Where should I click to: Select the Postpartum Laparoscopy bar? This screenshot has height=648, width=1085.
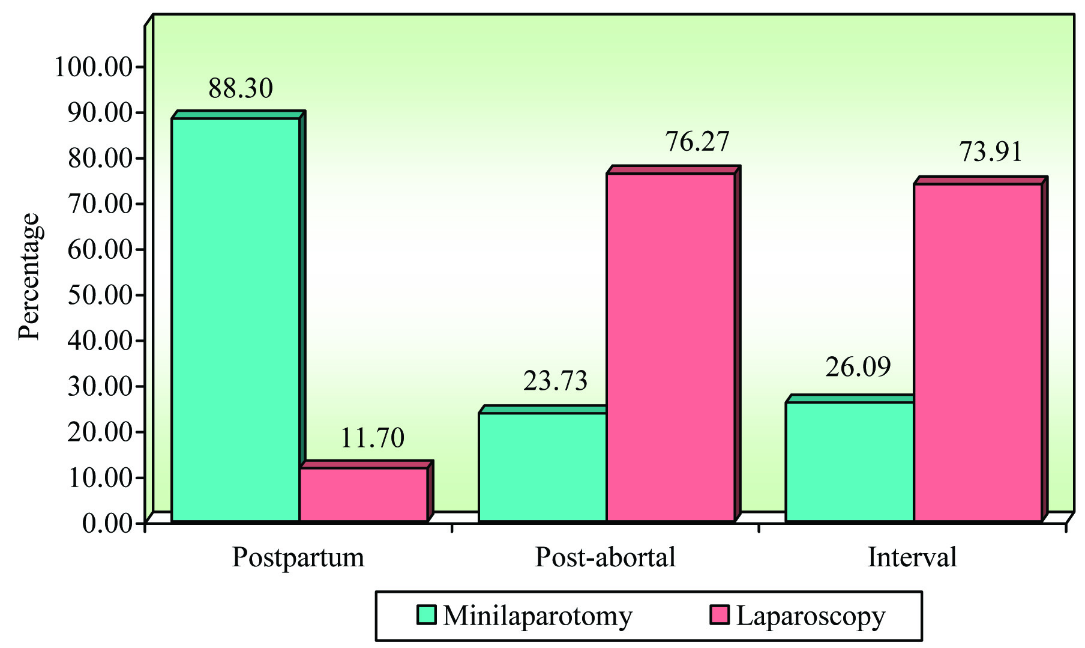point(363,494)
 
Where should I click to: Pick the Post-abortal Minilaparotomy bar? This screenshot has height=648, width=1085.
point(542,467)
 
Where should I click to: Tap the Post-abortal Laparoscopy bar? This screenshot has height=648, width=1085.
point(670,347)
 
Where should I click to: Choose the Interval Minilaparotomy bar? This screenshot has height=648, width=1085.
point(849,461)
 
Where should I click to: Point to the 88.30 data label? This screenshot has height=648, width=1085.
point(241,88)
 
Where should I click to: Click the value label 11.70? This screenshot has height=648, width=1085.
point(372,438)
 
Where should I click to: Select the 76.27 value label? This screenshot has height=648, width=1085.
point(697,142)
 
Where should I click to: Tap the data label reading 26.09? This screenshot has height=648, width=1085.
point(858,367)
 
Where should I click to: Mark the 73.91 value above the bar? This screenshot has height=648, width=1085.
point(990,151)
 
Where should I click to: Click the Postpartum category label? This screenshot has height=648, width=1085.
point(298,557)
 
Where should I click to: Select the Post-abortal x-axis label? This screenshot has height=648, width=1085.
point(605,557)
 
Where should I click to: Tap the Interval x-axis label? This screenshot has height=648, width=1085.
point(912,557)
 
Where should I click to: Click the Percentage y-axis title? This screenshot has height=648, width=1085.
point(29,277)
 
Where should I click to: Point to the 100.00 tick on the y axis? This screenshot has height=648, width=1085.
point(94,67)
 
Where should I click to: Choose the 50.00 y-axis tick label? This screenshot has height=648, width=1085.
point(100,295)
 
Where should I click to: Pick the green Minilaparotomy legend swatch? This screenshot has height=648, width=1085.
point(427,615)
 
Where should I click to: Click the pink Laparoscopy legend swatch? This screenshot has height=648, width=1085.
point(719,615)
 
